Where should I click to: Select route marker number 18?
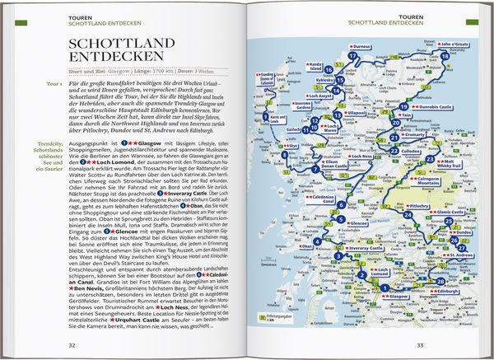pyautogui.click(x=445, y=56)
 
